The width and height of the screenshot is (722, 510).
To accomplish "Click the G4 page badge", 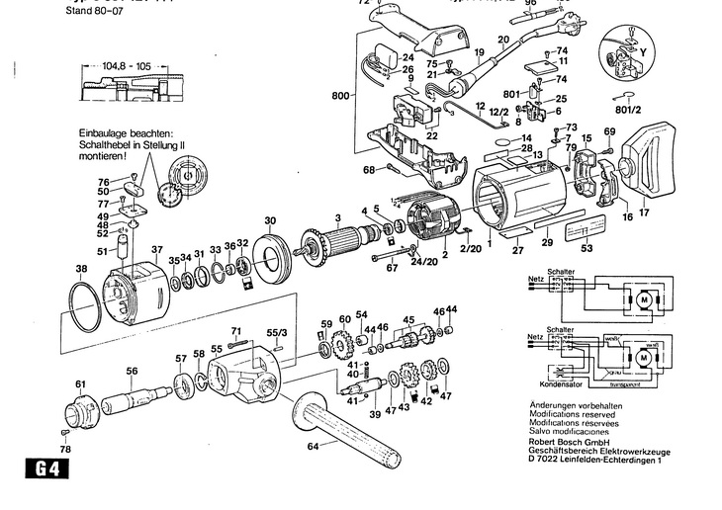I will tap(36, 470).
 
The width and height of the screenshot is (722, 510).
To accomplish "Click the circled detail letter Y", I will tap(645, 48).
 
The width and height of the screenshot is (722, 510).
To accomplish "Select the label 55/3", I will tap(277, 334).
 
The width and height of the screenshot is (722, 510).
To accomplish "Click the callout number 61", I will tap(80, 383).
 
